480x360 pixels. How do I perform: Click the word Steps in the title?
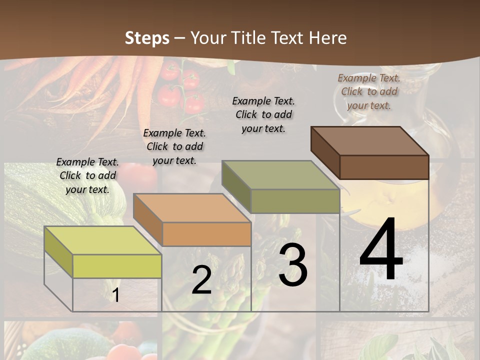(147, 38)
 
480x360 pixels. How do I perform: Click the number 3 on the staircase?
(293, 265)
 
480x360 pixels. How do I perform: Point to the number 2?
(202, 280)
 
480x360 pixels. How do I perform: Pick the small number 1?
(116, 295)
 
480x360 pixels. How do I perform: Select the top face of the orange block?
(192, 208)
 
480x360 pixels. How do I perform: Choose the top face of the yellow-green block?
(103, 240)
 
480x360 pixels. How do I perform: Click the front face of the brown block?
(384, 167)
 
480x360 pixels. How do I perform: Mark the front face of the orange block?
(206, 234)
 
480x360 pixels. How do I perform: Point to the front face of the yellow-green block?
(117, 266)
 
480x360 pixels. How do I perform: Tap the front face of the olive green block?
(295, 201)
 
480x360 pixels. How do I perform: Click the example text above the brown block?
(369, 91)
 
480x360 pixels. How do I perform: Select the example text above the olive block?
(263, 114)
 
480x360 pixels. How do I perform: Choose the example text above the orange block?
(174, 146)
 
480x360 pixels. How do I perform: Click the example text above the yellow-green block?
(87, 175)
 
